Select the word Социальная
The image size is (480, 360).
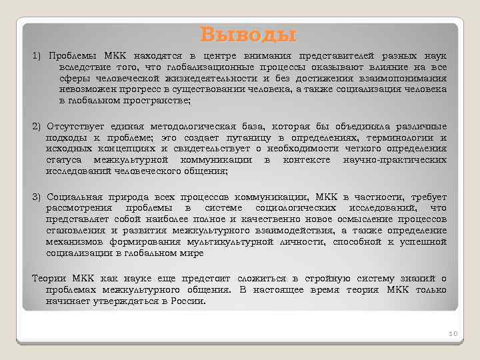73,197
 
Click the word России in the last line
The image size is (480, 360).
189,301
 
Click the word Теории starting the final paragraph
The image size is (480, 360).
49,279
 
